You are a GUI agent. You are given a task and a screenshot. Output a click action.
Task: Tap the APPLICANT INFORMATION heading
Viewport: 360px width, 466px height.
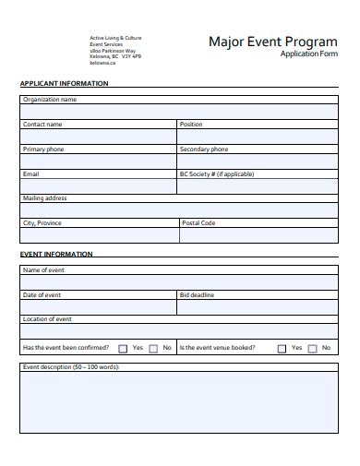click(64, 83)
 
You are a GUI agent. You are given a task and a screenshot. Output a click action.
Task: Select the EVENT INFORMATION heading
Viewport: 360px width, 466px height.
click(56, 254)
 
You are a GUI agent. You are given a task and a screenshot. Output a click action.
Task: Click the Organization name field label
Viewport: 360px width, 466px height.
click(50, 99)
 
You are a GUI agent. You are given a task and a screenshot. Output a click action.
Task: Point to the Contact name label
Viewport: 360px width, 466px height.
click(42, 124)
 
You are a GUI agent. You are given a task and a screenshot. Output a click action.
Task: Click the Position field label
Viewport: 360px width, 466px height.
click(191, 124)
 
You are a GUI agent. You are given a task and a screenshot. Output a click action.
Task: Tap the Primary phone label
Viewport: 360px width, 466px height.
click(44, 149)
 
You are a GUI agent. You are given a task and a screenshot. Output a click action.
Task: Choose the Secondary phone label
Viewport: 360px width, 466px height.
click(204, 149)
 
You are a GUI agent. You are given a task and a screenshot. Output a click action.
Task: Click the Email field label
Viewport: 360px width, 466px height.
click(31, 173)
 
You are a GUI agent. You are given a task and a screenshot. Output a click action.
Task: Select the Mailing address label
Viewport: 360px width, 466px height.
click(44, 197)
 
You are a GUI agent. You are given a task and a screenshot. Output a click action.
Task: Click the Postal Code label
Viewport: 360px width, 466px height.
click(198, 222)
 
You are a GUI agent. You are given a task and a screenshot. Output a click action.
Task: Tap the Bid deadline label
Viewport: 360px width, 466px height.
click(197, 294)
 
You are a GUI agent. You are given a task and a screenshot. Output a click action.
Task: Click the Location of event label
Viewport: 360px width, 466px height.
click(47, 318)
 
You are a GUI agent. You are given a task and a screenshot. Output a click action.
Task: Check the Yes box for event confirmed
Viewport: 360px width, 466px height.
click(123, 349)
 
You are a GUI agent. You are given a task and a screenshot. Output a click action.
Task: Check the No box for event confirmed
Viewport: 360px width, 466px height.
click(153, 349)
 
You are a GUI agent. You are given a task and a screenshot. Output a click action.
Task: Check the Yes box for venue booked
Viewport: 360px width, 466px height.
click(282, 349)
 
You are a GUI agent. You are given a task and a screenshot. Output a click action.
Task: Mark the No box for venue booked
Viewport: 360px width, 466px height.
click(312, 349)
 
